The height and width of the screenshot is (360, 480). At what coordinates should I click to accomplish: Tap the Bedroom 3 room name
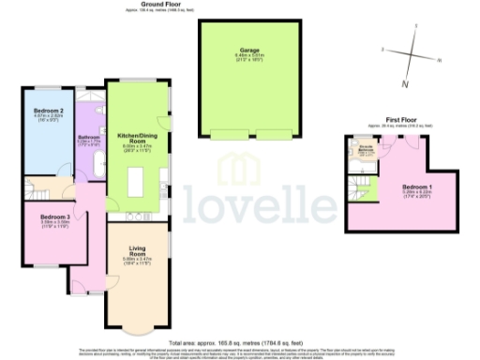coord(54,217)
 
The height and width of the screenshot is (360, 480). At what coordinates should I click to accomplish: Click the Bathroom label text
coord(89,138)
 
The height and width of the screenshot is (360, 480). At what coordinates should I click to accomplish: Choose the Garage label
coord(249,50)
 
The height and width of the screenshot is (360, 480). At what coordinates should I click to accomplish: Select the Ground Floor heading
coord(161,4)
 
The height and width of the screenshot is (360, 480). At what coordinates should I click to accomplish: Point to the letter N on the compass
coord(405,84)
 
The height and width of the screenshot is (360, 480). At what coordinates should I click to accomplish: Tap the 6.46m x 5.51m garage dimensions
coord(249,56)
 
